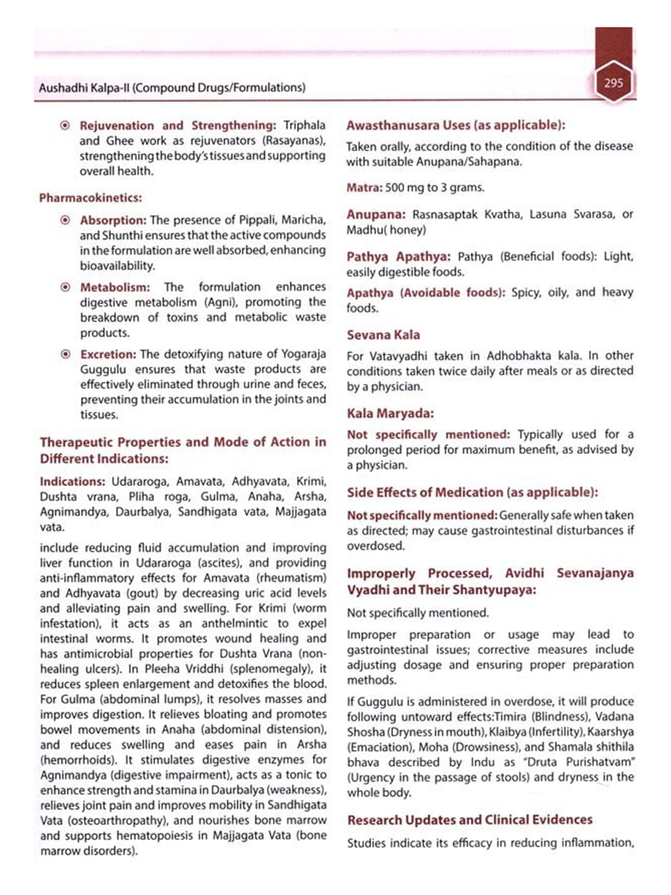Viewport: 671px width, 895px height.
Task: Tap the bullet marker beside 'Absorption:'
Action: coord(65,220)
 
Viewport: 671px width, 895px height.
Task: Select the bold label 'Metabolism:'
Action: coord(115,287)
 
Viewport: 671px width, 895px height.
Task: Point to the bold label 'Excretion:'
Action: coord(108,354)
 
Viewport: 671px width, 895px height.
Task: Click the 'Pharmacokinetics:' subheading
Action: coord(90,198)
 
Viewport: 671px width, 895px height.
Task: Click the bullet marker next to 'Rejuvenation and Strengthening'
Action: coord(65,126)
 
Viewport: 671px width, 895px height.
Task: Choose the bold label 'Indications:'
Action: coord(72,482)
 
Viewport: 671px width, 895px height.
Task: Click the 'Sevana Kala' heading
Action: coord(383,335)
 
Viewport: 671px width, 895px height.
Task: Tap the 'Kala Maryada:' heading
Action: coord(390,413)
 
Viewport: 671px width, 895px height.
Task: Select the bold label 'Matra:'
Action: coord(364,188)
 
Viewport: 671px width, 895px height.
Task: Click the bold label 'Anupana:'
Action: coord(376,215)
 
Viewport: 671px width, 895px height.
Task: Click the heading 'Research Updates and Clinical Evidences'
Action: coord(470,820)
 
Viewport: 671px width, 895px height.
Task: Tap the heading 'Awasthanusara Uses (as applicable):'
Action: coord(455,125)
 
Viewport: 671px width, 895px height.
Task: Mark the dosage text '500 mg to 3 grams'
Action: coord(434,188)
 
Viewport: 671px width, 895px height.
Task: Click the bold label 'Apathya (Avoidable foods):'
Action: coord(426,293)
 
